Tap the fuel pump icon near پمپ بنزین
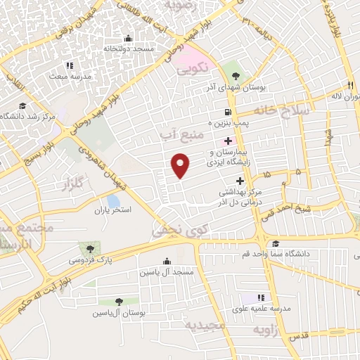pyautogui.click(x=226, y=112)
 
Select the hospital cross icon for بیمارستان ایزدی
pyautogui.click(x=228, y=141)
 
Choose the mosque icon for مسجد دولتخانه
pyautogui.click(x=127, y=39)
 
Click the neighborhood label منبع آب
pyautogui.click(x=185, y=129)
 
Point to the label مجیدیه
pyautogui.click(x=205, y=326)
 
